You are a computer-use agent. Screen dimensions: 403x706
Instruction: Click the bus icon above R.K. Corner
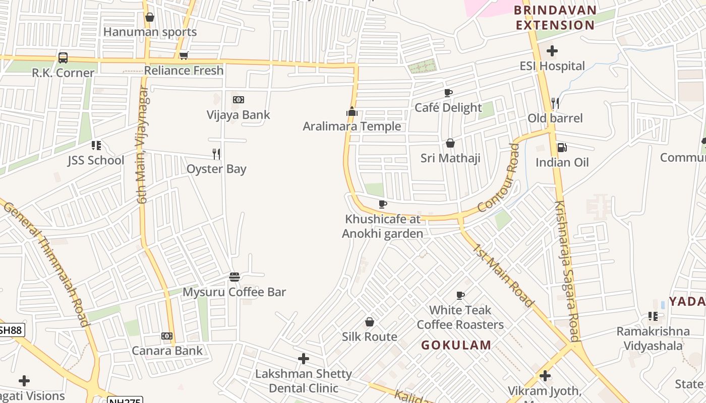tap(63, 58)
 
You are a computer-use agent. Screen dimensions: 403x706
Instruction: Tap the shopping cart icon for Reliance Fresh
tap(184, 55)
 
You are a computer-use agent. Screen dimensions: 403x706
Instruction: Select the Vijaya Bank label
tap(238, 115)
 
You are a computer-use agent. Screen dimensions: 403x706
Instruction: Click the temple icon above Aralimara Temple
tap(352, 111)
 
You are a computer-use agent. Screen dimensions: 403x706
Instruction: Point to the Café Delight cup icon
tap(448, 93)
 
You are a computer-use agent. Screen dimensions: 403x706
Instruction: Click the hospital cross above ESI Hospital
tap(552, 51)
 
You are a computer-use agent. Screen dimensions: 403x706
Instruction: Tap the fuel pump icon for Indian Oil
tap(562, 148)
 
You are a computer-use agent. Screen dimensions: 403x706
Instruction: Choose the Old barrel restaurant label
tap(555, 118)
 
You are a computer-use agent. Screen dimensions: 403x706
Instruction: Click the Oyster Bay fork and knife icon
tap(216, 154)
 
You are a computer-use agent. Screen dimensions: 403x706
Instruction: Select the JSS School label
tap(96, 161)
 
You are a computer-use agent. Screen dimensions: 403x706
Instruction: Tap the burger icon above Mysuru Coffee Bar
tap(234, 277)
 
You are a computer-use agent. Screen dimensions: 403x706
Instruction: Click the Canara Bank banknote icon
tap(167, 336)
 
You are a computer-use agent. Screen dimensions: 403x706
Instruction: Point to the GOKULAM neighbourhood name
tap(456, 345)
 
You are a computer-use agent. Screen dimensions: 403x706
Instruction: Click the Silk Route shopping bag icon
tap(370, 322)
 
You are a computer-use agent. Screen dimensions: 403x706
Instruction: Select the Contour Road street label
tap(498, 178)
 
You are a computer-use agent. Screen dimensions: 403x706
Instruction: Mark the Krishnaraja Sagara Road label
tap(567, 271)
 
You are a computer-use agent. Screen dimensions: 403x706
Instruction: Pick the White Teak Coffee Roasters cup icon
tap(460, 295)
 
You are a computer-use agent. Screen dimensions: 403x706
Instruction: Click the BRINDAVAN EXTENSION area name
tap(555, 18)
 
